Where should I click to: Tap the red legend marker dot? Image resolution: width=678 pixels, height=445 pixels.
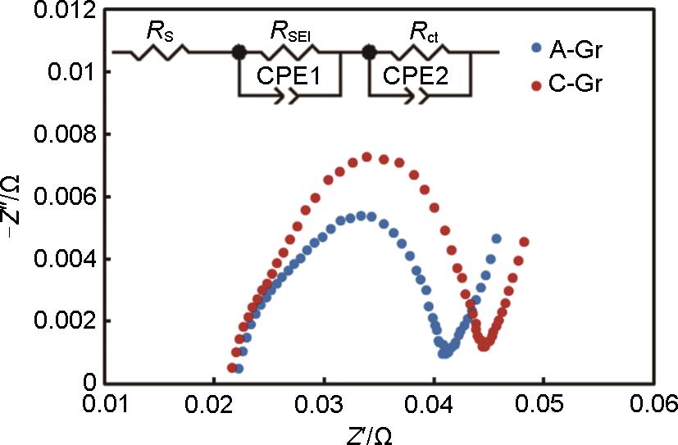536,85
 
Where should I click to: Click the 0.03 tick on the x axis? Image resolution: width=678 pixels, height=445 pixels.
325,405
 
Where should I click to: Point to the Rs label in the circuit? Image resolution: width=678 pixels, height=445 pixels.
158,34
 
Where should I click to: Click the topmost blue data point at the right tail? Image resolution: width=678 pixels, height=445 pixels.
496,238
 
